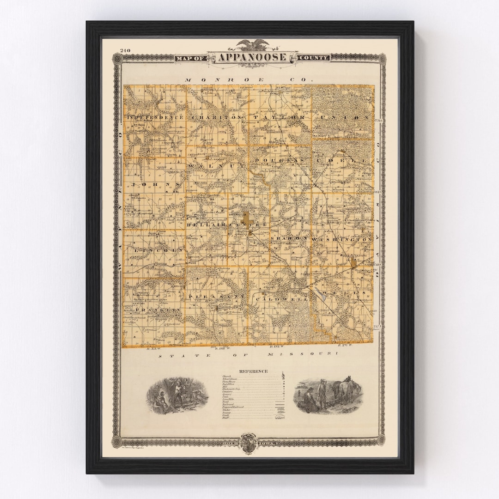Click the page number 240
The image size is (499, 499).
tap(125, 50)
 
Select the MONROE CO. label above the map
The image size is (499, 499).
tap(249, 79)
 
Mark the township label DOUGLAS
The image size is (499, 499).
tap(279, 160)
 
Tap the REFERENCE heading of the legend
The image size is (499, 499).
tap(253, 371)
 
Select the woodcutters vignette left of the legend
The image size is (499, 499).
tap(177, 396)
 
